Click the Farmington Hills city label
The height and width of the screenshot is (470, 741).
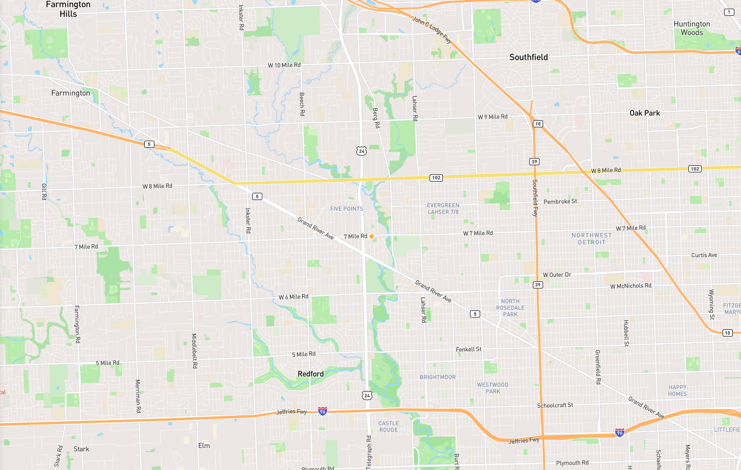[x=68, y=9]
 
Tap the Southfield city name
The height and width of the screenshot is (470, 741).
[x=528, y=57]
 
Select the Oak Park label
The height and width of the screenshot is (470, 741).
[x=644, y=113]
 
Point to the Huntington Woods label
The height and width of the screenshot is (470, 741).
[x=691, y=28]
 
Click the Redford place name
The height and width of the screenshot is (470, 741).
[x=310, y=374]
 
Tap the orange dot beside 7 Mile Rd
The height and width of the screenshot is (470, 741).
[x=372, y=236]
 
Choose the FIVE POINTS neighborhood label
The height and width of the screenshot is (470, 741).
[x=346, y=209]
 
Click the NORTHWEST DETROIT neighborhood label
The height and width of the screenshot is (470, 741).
[x=592, y=239]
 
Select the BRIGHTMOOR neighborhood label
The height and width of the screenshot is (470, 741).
[x=437, y=377]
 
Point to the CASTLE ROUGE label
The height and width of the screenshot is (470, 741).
[x=389, y=427]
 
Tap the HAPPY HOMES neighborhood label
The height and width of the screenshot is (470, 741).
[x=677, y=391]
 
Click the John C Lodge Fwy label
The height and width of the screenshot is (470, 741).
[x=432, y=30]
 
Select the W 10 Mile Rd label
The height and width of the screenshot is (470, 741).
[x=284, y=65]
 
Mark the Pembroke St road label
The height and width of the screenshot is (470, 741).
[x=560, y=202]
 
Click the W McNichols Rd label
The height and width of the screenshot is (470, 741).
[x=631, y=286]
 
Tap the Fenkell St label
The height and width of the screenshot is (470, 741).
[x=468, y=349]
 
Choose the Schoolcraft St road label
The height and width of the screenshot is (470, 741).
[x=555, y=406]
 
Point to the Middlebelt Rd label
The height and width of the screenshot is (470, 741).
[x=194, y=351]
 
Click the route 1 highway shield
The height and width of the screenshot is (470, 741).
[x=729, y=12]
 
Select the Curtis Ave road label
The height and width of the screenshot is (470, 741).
[x=704, y=255]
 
